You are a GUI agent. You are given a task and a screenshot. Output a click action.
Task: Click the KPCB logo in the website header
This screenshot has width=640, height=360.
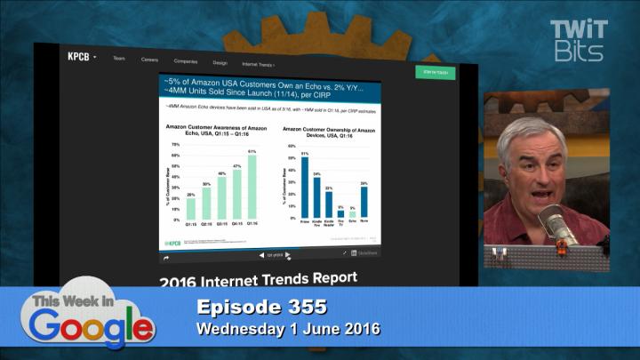coord(78,57)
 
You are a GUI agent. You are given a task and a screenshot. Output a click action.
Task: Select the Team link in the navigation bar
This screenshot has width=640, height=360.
coord(118,59)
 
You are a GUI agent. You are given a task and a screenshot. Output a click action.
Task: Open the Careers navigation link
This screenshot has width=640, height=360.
coord(149,60)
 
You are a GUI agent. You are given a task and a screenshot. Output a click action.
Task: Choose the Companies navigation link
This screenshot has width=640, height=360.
coord(186,61)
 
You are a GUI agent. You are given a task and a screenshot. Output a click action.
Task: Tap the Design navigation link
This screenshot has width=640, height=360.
coord(220,63)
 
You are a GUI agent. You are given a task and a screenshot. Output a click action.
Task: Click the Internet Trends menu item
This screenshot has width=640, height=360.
coord(258,64)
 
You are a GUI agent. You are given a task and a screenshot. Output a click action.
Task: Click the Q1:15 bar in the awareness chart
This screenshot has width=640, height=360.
coord(190,209)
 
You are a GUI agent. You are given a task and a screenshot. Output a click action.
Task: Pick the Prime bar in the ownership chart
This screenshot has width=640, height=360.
coord(305,188)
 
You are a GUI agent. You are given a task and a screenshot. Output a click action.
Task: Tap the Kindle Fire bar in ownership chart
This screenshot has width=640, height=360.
coord(316,198)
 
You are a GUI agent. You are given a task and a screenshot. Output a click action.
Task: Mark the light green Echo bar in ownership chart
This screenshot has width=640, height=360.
coord(352,214)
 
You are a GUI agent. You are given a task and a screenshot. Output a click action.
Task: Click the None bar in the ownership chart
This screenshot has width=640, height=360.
coord(364,202)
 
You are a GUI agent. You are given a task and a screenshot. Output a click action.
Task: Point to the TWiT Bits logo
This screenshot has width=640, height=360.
coord(580,40)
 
